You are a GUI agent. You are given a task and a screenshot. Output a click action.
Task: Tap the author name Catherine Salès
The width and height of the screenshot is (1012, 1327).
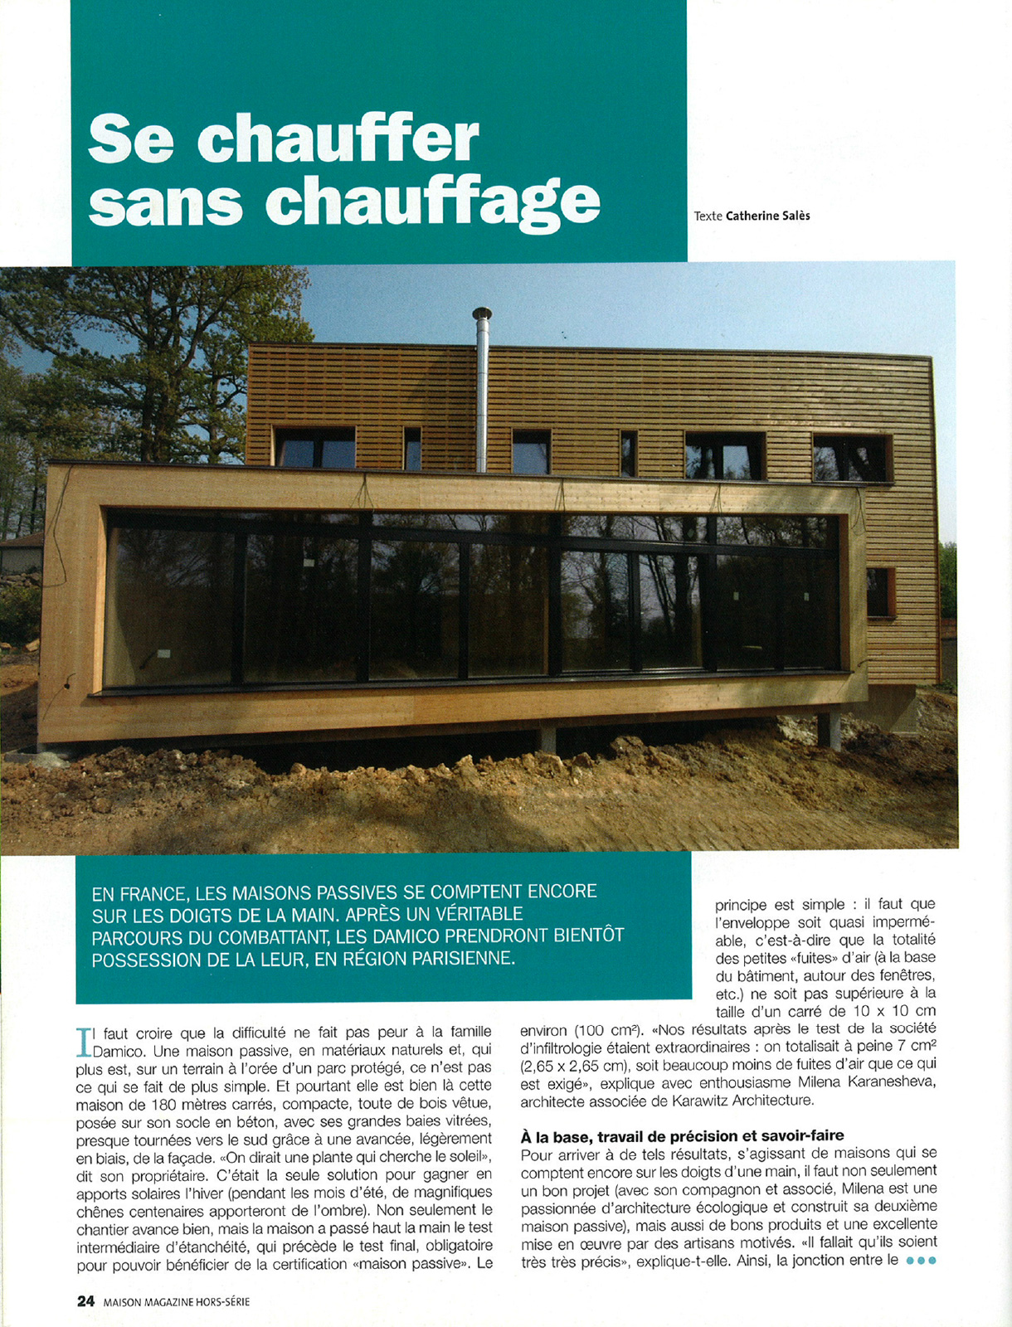(x=767, y=216)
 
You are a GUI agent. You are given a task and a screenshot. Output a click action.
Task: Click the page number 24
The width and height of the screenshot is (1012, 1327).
(x=85, y=1301)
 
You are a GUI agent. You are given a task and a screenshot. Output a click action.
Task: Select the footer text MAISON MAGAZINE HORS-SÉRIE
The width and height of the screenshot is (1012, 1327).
(x=177, y=1302)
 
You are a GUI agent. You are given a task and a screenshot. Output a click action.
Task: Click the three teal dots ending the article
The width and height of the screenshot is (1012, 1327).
(x=921, y=1261)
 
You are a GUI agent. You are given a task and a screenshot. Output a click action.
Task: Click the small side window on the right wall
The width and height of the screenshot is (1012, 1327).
(x=880, y=592)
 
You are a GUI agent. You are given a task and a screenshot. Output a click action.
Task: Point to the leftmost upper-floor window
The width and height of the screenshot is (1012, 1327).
(x=314, y=448)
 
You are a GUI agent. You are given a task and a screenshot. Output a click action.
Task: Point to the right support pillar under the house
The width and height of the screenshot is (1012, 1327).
(x=829, y=729)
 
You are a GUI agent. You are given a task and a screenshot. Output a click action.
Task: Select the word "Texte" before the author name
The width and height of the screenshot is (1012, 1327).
(x=708, y=216)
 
